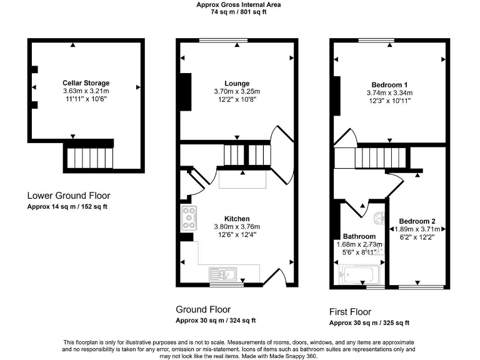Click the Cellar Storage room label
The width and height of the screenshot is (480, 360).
pos(86,82)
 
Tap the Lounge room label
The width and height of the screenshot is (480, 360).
pos(237,83)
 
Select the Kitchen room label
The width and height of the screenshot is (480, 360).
pos(237,219)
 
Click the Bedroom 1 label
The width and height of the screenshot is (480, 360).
pos(389,84)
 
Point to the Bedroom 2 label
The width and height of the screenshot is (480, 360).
pos(417,221)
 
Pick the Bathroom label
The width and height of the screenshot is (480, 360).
pos(359,236)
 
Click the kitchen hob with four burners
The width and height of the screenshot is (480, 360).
pos(188,217)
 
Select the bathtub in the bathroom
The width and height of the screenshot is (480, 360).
pos(359,273)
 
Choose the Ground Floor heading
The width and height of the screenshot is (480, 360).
pos(202,309)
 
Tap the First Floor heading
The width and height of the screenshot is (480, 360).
pos(350,312)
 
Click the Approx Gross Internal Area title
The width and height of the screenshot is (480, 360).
pos(238,4)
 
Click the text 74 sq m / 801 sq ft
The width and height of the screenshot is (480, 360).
pos(238,12)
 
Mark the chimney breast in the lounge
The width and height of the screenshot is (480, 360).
pos(186,92)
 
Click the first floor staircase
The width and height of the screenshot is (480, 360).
pos(376,156)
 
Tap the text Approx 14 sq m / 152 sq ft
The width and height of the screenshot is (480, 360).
pos(67,207)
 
